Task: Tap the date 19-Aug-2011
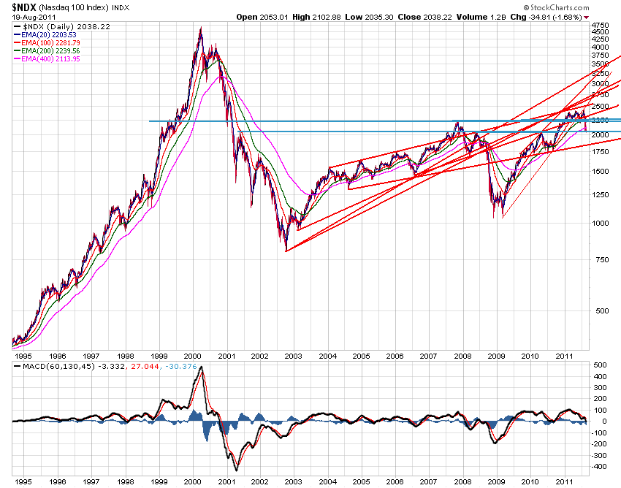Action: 22,16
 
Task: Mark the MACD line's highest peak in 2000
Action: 202,367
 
